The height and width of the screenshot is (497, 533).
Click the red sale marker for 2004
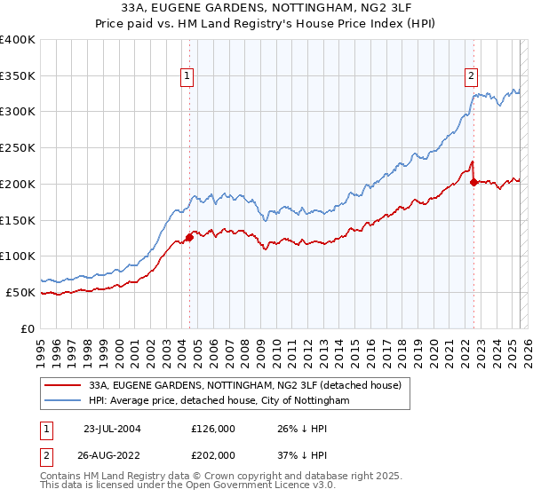[x=189, y=237]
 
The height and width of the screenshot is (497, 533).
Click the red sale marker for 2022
[x=473, y=182]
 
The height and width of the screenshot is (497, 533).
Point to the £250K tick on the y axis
[x=18, y=147]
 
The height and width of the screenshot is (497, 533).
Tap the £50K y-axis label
[x=20, y=292]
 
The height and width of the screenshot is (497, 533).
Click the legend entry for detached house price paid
[x=245, y=386]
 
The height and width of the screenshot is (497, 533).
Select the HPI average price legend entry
[x=219, y=401]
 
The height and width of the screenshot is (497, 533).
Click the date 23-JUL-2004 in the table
[x=113, y=428]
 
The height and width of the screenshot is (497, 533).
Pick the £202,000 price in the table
[x=213, y=454]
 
